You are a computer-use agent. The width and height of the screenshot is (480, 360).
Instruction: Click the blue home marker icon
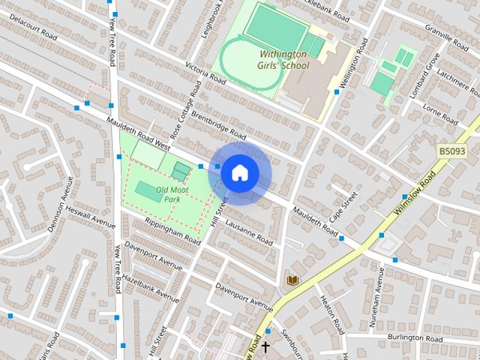[239, 172]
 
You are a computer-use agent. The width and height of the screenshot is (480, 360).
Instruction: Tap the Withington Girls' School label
[283, 59]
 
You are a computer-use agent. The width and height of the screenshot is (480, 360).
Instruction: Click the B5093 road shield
[451, 151]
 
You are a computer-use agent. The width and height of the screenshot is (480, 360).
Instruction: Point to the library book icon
[293, 280]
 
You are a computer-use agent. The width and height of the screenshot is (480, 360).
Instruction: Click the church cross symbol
[265, 346]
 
